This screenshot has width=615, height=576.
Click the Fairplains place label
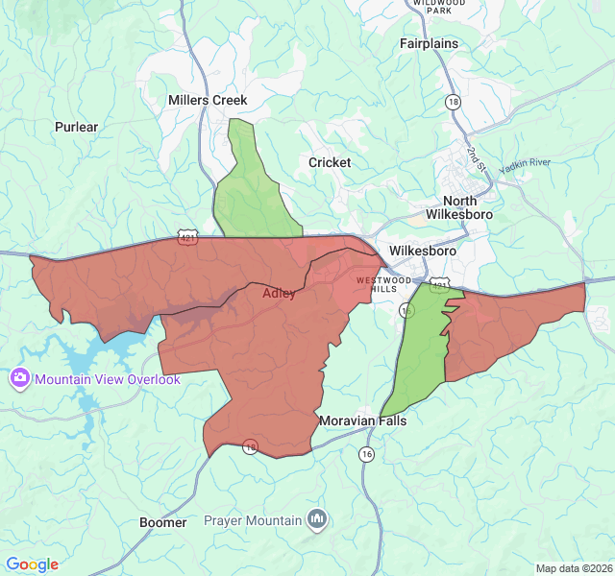429,43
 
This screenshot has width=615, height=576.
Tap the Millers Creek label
208,100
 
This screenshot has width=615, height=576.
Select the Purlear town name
77,127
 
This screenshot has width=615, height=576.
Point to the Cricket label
330,162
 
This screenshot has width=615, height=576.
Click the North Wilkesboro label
459,207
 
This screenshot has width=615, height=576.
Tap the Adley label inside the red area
279,294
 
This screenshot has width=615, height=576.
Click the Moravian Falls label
362,421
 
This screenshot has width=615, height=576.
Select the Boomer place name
163,522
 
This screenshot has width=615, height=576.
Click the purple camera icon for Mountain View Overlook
19,379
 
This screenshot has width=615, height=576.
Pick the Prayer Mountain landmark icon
318,520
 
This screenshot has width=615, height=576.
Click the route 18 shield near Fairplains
453,101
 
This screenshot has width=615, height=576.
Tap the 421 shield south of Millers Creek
187,236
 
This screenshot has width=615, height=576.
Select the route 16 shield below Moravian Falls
366,454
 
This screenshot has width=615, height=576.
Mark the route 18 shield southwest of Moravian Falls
251,447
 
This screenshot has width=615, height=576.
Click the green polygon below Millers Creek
252,187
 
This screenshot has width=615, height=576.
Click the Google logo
32,564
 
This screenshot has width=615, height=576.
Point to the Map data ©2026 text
573,568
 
